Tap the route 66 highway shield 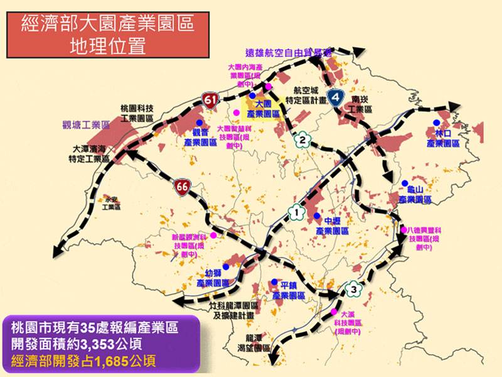[x=183, y=186]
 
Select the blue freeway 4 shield [x=337, y=97]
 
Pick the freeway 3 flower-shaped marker [x=355, y=289]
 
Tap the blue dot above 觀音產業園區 [x=199, y=123]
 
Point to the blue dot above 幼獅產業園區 [x=224, y=266]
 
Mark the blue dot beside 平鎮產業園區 [x=274, y=284]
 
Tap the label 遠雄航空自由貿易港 [x=289, y=54]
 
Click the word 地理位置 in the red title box [x=109, y=46]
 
